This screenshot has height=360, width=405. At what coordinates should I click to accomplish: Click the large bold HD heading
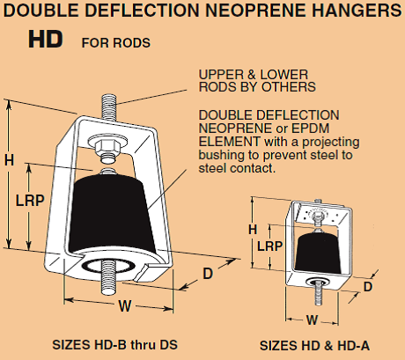(x=46, y=40)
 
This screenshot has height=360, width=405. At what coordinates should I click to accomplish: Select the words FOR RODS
(x=116, y=43)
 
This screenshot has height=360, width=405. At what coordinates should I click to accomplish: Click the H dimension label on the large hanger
(x=9, y=160)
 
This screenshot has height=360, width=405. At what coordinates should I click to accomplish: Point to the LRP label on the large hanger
(x=30, y=201)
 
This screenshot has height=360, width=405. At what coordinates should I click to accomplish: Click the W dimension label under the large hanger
(x=125, y=306)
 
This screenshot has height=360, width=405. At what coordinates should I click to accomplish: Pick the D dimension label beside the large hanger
(x=208, y=274)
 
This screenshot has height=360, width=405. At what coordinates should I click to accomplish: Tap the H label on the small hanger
(x=253, y=229)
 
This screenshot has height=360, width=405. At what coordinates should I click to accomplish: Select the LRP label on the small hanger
(x=269, y=246)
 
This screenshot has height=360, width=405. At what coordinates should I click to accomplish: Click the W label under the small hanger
(x=312, y=320)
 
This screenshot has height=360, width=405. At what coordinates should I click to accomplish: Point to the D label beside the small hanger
(x=368, y=287)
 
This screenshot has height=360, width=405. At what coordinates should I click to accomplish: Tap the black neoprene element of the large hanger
(x=112, y=214)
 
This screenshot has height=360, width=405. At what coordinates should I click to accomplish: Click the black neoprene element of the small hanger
(x=318, y=253)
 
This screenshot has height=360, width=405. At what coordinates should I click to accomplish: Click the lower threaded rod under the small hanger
(x=319, y=293)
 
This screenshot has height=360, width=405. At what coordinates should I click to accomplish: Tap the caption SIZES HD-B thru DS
(x=114, y=344)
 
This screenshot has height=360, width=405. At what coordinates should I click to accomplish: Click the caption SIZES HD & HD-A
(x=314, y=346)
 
